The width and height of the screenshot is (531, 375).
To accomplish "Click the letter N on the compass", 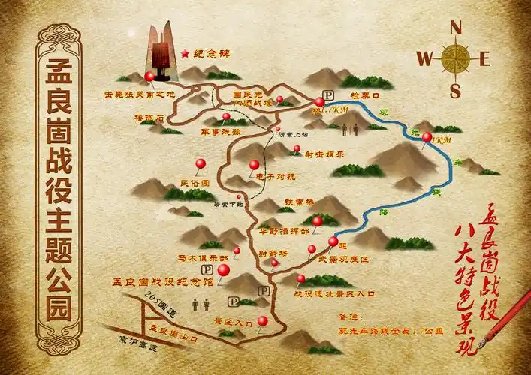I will pos(455,26).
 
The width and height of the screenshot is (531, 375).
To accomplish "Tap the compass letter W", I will pos(425,58).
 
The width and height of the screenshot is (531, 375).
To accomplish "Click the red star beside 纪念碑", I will pos(185,54).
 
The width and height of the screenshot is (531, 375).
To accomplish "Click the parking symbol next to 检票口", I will pos(318,102).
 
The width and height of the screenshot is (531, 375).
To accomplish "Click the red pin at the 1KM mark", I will pos(427,137).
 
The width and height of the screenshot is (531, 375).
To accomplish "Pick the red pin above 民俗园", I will pos(200,163).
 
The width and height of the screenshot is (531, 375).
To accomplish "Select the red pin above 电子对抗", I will pos(254,165).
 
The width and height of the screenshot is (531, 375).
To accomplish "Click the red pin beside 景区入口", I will pos(262,321).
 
